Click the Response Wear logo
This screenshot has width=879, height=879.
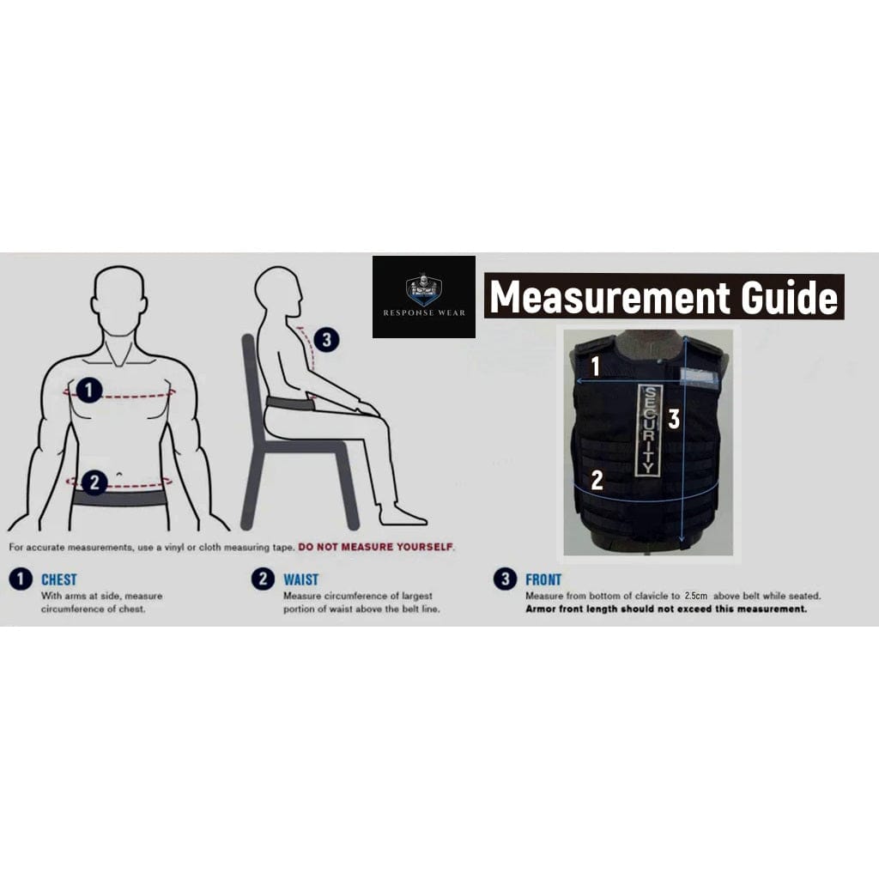tap(423, 296)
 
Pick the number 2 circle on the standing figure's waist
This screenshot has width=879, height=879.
tap(94, 482)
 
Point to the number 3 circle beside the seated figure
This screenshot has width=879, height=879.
tap(325, 340)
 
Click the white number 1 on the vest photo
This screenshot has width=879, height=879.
tap(595, 367)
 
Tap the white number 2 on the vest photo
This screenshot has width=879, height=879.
tap(597, 481)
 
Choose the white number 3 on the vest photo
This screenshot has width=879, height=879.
tap(675, 419)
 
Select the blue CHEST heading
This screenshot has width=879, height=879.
tap(58, 580)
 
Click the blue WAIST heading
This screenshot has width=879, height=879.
tap(300, 580)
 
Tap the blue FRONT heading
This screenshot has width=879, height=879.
tap(543, 580)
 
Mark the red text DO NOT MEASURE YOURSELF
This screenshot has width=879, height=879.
tap(376, 547)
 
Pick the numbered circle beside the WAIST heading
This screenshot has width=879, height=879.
tap(263, 579)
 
